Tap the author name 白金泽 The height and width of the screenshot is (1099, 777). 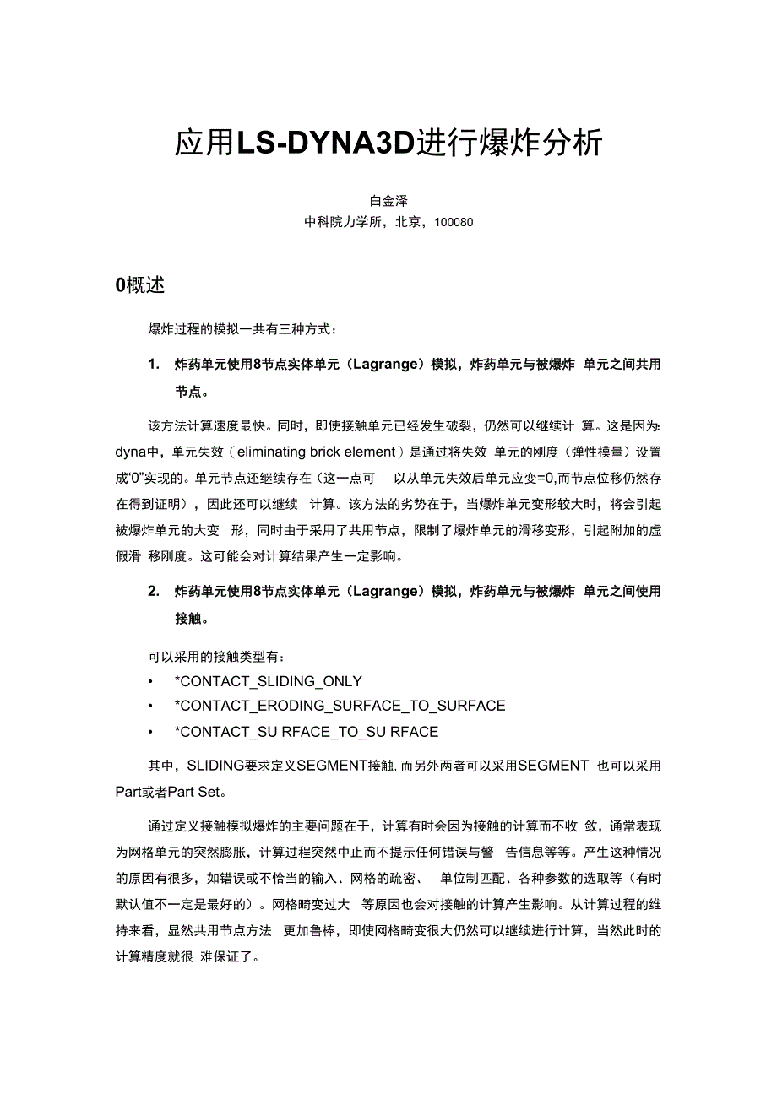coord(388,201)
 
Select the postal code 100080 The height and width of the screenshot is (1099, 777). coord(454,222)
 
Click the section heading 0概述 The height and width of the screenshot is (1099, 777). coord(139,285)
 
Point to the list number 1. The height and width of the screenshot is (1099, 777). coord(154,365)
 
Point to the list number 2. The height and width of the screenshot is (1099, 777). coord(154,591)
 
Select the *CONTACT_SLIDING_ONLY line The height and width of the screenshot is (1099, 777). coord(268,681)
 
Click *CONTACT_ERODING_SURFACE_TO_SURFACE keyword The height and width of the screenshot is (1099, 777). coord(340,706)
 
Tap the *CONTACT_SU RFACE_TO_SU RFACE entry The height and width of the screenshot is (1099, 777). coord(306,731)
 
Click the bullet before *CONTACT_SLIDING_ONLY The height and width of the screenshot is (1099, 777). coord(150,681)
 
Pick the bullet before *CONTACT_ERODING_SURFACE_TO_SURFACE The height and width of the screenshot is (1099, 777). coord(150,706)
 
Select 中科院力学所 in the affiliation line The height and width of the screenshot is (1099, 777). coord(343,222)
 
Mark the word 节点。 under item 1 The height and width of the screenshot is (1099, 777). coord(192,392)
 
